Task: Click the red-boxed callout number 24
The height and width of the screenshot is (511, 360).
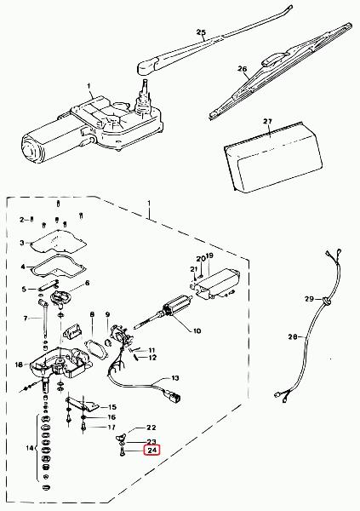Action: tap(152, 451)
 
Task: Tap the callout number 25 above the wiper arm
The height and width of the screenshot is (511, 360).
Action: tap(202, 32)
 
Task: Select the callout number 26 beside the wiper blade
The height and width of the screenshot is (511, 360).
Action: tap(242, 69)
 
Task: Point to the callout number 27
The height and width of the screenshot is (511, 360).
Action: tap(267, 122)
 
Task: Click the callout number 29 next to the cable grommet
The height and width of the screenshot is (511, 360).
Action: tap(309, 299)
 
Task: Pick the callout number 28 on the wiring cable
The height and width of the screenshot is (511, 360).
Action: tap(293, 337)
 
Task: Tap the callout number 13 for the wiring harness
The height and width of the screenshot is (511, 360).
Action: tap(175, 378)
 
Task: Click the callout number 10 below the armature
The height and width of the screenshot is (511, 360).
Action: tap(197, 331)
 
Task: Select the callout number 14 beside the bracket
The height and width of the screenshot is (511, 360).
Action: tap(30, 448)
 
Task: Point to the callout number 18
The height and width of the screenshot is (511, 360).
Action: tap(19, 365)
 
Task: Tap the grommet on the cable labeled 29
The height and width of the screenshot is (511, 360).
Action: tap(326, 301)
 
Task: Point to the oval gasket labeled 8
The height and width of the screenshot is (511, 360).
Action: tap(95, 347)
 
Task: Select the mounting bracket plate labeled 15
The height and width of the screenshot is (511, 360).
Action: tap(83, 404)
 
